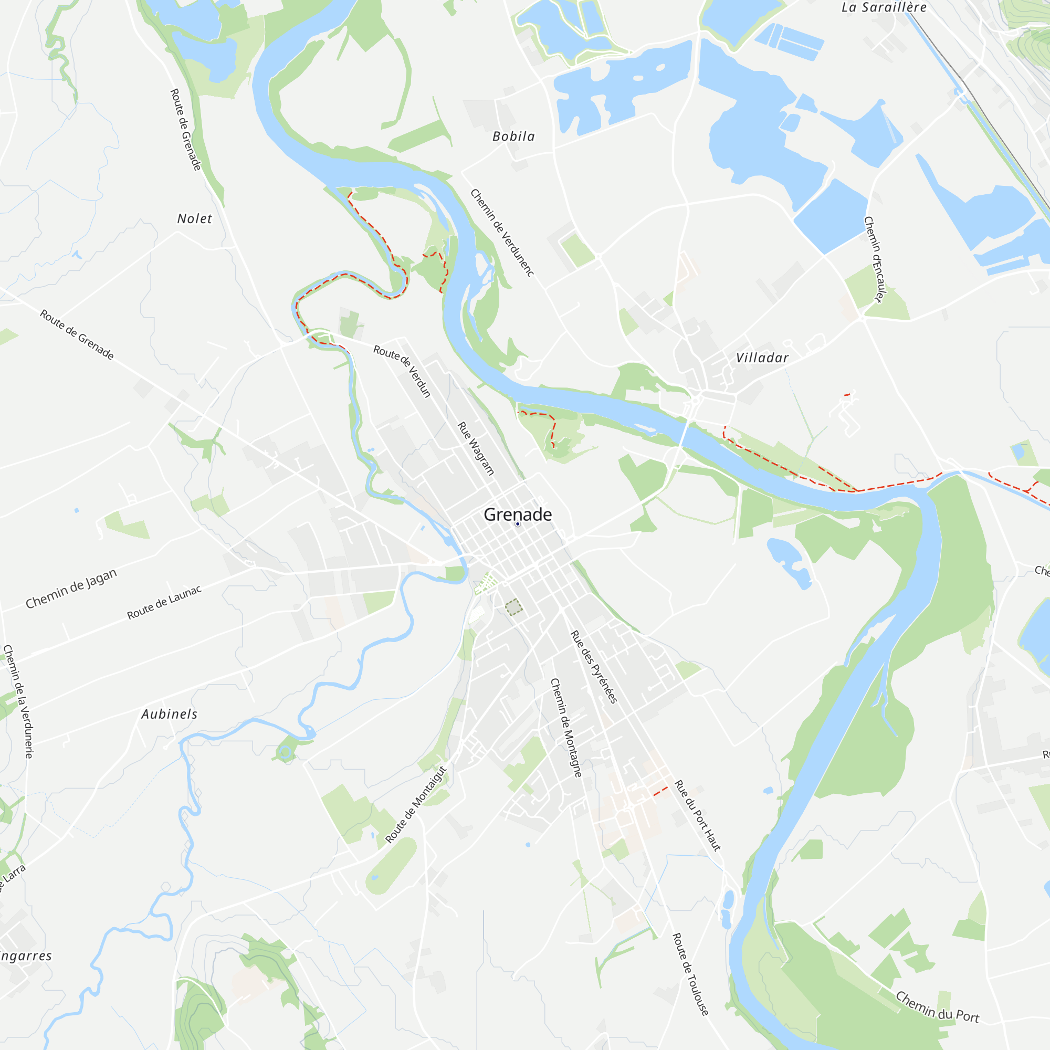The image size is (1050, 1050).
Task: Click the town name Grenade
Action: click(x=518, y=513)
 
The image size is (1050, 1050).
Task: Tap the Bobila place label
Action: click(x=513, y=136)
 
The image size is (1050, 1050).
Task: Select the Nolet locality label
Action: click(x=194, y=218)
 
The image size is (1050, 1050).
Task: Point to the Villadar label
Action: click(x=762, y=358)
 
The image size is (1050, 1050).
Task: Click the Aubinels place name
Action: click(x=169, y=714)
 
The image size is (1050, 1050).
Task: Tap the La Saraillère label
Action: click(x=884, y=7)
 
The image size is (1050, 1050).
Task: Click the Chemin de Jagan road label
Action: click(x=71, y=588)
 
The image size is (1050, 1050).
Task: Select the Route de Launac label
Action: click(x=164, y=602)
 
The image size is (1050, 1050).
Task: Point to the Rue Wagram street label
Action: click(x=476, y=448)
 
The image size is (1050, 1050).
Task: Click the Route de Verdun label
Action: click(x=402, y=371)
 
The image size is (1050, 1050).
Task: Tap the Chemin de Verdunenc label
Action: click(x=502, y=233)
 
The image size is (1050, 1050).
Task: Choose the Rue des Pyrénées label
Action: click(x=593, y=667)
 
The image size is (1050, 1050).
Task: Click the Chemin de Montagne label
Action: click(x=566, y=727)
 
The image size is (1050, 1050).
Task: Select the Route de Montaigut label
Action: click(x=416, y=804)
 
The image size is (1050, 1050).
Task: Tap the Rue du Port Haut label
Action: click(x=697, y=815)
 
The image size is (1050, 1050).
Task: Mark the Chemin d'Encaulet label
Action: click(x=875, y=259)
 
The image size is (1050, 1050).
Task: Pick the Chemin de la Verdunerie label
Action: click(x=18, y=701)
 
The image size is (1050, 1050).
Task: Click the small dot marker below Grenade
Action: click(x=518, y=524)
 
